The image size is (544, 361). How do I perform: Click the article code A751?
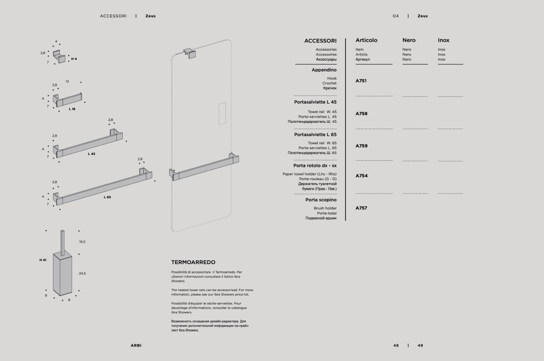(361, 81)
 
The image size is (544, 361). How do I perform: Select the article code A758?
(361, 114)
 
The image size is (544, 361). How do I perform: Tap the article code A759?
(361, 146)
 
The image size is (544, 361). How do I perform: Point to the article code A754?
(361, 176)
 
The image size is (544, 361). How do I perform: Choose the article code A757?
(361, 208)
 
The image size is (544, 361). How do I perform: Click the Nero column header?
(409, 40)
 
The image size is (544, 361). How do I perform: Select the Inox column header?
(443, 40)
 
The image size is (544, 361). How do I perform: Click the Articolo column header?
(366, 40)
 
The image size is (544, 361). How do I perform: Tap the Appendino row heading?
(324, 70)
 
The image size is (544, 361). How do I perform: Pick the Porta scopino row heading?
(321, 200)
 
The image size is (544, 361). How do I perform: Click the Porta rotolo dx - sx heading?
(315, 166)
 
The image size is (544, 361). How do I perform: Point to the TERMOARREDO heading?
(193, 263)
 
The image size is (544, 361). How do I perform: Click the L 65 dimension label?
(107, 197)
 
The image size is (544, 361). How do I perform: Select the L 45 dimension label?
(91, 154)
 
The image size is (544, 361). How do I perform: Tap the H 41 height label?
(43, 260)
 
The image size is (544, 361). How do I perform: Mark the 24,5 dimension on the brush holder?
(82, 273)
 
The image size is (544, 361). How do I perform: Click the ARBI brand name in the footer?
(136, 346)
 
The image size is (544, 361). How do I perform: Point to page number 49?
(420, 346)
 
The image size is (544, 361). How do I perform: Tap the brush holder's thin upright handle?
(62, 242)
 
